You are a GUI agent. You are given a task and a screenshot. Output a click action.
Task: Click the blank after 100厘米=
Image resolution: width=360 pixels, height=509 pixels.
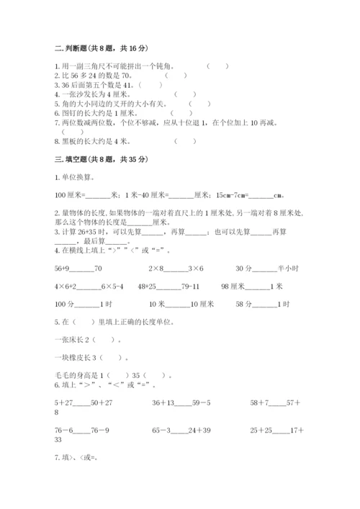coord(98,194)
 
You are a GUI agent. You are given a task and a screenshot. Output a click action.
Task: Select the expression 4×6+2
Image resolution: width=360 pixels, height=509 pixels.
coord(67,286)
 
